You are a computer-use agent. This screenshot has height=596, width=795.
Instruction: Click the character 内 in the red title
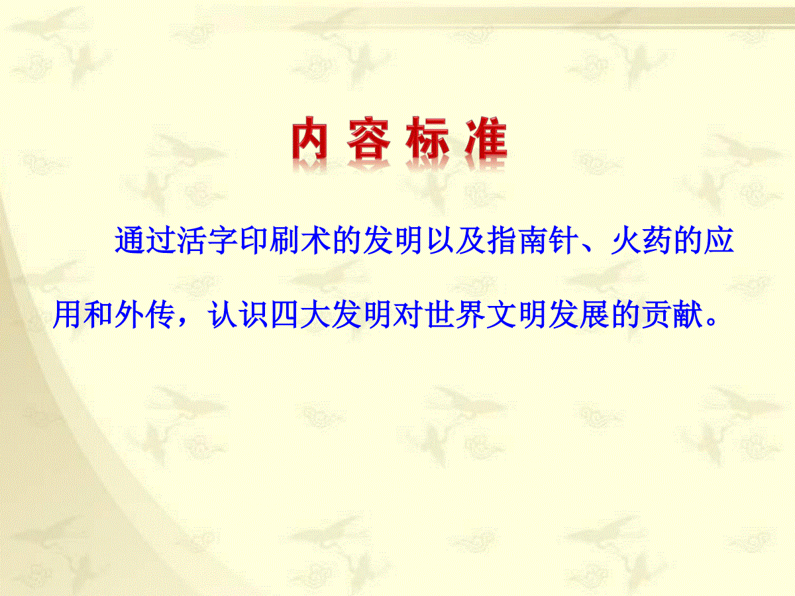309,138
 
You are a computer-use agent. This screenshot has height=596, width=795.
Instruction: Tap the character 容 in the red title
368,138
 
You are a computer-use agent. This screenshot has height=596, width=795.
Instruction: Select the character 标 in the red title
428,138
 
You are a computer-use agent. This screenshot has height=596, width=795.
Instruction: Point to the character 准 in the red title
486,138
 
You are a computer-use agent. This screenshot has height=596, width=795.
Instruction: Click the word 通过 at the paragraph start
145,240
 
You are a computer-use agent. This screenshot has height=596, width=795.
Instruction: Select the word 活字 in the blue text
207,240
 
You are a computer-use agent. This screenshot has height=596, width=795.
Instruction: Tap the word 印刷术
285,240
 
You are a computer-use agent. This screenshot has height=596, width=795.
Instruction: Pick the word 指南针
533,240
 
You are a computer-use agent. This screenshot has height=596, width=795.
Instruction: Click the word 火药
641,240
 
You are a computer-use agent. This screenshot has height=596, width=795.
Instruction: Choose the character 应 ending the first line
719,240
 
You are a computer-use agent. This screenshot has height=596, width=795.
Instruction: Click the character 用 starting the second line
67,314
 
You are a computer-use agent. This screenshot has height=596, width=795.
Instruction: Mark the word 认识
238,314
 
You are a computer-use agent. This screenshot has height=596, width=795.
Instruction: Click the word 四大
300,314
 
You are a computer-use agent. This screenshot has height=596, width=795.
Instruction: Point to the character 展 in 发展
594,314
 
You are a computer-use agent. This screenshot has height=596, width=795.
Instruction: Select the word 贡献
672,314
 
